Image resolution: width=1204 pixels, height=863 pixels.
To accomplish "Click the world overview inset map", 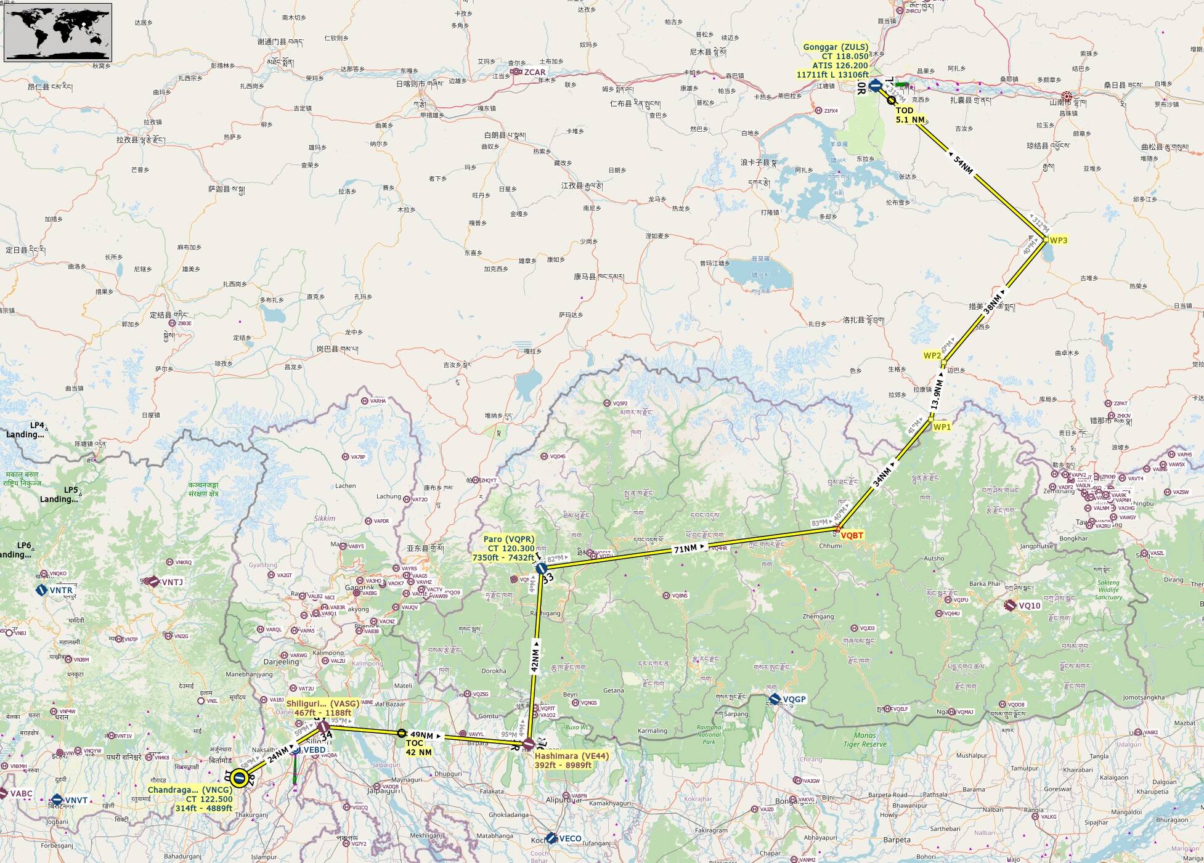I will (x=58, y=32).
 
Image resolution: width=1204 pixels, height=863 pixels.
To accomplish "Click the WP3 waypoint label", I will (x=1058, y=240).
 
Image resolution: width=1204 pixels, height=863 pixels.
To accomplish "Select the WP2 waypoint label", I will (x=932, y=355).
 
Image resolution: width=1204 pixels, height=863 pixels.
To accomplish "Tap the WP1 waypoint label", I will (x=942, y=426).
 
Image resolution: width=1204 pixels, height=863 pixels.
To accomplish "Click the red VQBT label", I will (x=852, y=535).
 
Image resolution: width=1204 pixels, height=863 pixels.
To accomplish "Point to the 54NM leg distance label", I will (x=963, y=164).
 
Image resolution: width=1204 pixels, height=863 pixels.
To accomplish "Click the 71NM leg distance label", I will (x=685, y=548).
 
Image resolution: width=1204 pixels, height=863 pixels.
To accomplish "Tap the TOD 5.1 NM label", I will (x=909, y=115).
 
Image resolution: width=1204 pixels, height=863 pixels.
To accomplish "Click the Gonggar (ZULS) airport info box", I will (x=835, y=60).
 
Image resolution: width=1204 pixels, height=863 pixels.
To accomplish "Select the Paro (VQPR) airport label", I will (x=509, y=548).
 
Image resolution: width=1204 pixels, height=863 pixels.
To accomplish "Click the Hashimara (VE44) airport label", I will (x=571, y=760).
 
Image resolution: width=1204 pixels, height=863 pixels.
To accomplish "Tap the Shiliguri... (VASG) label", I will (x=322, y=708).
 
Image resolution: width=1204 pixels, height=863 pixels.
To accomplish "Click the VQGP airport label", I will (x=794, y=699).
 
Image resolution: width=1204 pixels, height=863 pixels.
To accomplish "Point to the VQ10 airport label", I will (x=1028, y=606).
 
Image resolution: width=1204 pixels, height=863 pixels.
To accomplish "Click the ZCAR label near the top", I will (x=534, y=72).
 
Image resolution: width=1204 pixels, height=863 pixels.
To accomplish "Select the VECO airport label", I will (x=570, y=838).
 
